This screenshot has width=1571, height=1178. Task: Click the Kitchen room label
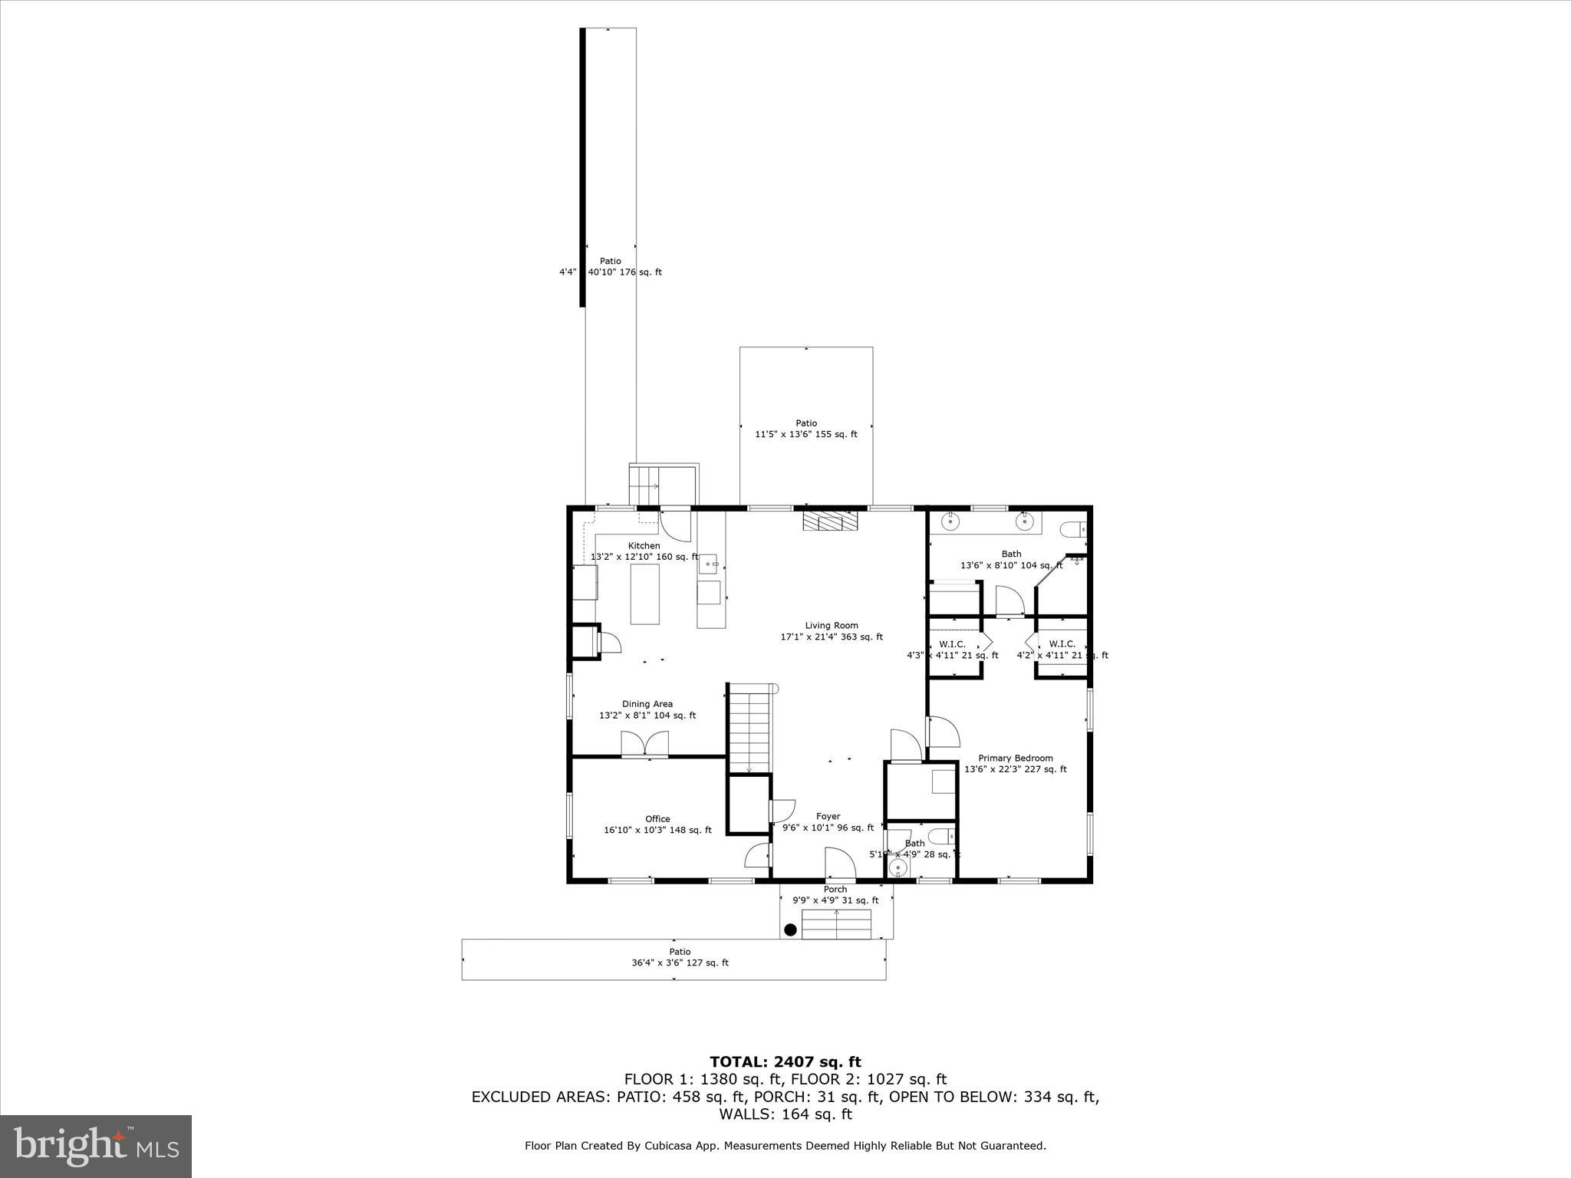point(644,546)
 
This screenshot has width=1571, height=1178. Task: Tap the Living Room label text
point(832,626)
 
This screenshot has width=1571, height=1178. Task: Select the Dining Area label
point(647,704)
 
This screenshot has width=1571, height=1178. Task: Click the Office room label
point(657,819)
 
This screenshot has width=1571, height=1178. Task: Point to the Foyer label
point(828,817)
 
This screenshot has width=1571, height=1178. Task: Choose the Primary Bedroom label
point(1015,758)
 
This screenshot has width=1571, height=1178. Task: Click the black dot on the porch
point(790,930)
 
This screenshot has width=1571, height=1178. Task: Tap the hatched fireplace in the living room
point(830,521)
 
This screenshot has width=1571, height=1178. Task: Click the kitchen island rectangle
point(645,594)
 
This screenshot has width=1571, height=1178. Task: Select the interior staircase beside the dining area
point(749,729)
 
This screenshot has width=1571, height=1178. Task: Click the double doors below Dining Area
point(644,745)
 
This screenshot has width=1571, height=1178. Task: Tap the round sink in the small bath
point(897,867)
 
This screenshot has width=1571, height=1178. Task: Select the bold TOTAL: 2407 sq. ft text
point(785,1062)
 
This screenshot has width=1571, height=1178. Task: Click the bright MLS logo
point(96,1146)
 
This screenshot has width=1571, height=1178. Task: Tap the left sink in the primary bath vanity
point(950,522)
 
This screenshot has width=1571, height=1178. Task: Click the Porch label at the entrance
point(835,890)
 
